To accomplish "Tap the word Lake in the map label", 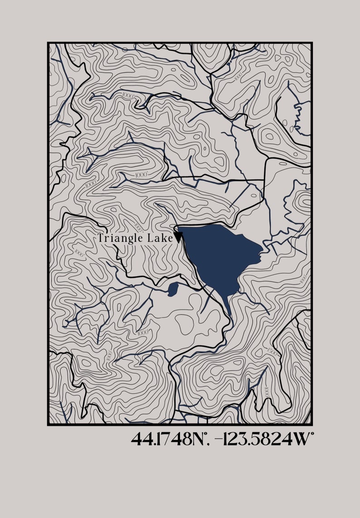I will click(161, 238).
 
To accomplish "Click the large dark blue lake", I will click(218, 254).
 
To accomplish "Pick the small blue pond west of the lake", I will click(172, 289).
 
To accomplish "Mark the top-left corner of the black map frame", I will click(48, 43).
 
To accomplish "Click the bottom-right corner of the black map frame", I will click(311, 424).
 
